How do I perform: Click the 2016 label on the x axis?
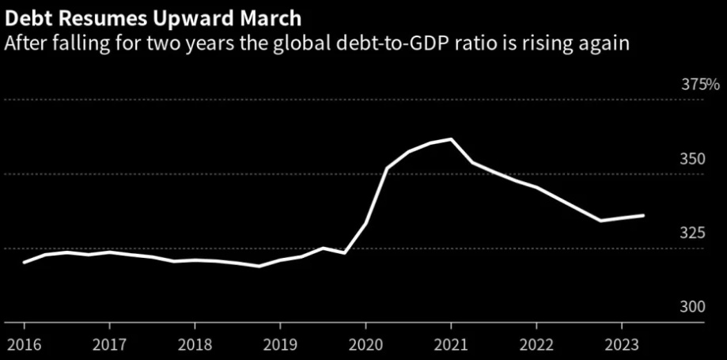[23, 345]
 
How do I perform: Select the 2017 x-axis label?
[108, 345]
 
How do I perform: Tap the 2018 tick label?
[194, 345]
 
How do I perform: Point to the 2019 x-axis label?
[279, 345]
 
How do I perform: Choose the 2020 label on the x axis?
[365, 345]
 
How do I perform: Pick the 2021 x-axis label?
[451, 345]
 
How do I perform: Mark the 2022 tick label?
[536, 345]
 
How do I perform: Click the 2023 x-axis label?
[622, 345]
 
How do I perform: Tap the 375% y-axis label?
[700, 85]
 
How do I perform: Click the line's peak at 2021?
[451, 139]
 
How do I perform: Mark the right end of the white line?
[643, 215]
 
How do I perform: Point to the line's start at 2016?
[24, 262]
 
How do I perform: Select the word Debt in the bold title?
[27, 17]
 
